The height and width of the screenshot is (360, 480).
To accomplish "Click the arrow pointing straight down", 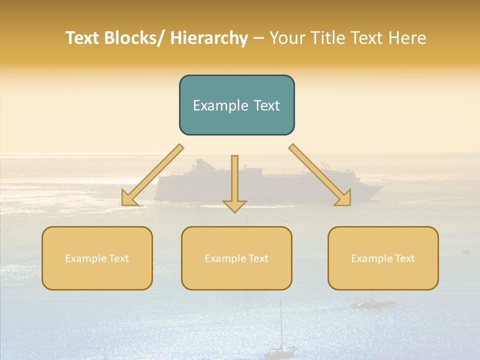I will click(234, 185).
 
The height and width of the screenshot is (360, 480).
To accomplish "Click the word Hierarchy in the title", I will click(209, 38).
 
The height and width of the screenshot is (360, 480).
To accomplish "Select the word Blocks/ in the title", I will click(133, 38).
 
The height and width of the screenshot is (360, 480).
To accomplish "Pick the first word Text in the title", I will click(82, 38).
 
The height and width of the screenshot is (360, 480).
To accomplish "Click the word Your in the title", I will click(288, 38).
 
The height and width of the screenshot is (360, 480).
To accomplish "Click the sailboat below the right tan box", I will click(372, 302).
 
